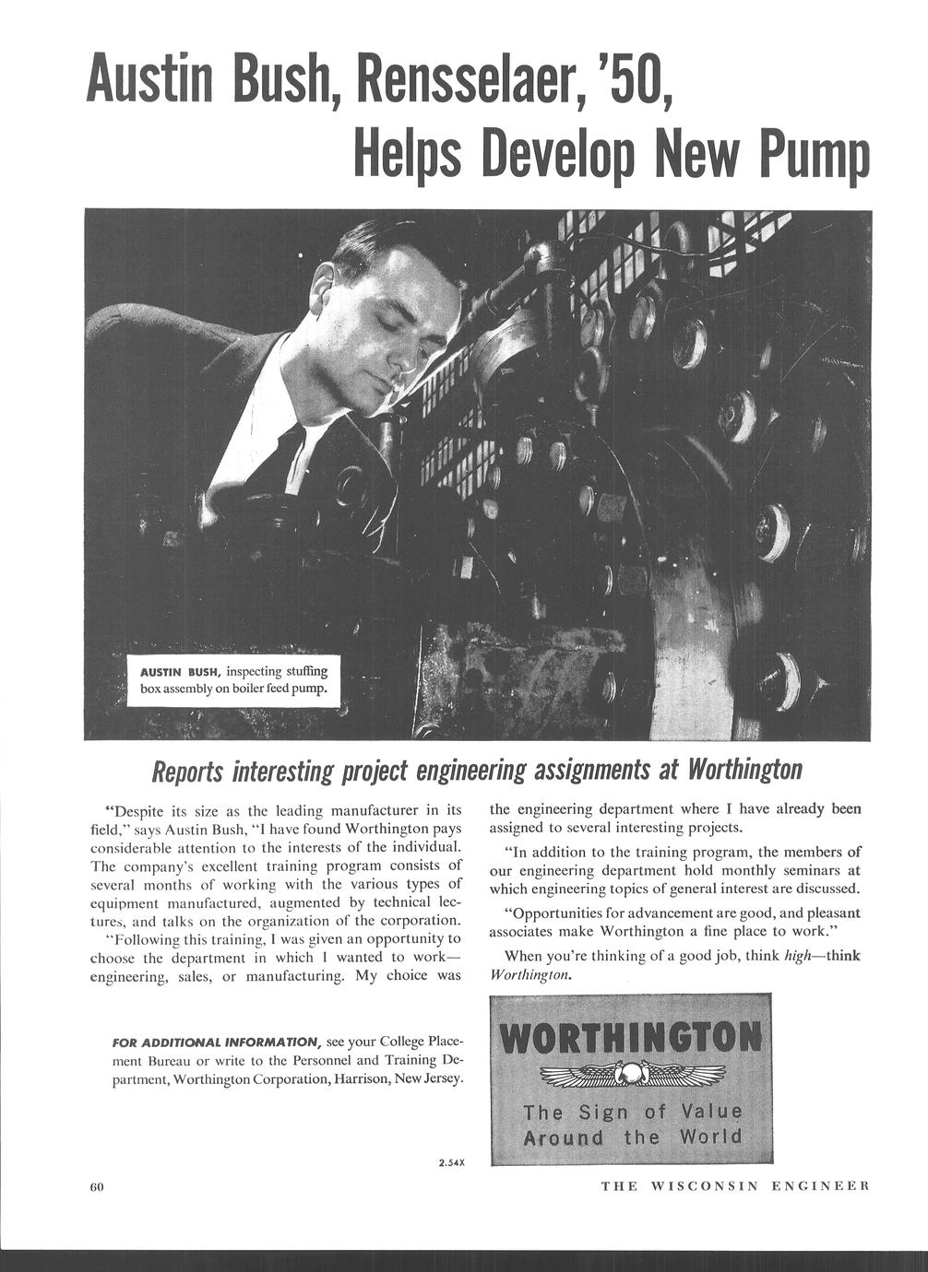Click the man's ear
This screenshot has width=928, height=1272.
[x=323, y=289]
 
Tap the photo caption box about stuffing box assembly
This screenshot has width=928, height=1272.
[x=232, y=679]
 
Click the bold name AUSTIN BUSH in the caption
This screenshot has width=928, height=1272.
[x=179, y=671]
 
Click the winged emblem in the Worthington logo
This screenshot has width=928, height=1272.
[x=630, y=1073]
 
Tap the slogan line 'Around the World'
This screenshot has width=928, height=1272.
[x=632, y=1137]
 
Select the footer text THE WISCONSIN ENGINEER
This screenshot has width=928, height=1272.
[x=734, y=1185]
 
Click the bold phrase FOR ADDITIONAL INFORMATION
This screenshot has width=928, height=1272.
[x=216, y=1042]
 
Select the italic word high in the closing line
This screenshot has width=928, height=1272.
[x=796, y=956]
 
